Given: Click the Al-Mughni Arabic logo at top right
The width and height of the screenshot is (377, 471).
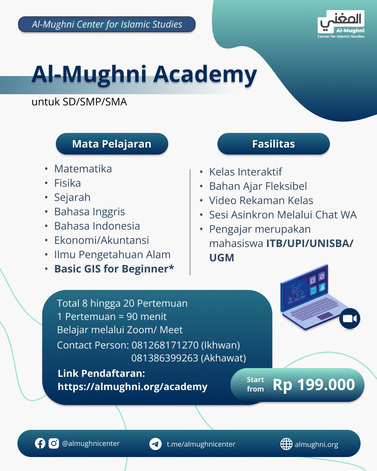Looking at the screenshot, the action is (341, 24).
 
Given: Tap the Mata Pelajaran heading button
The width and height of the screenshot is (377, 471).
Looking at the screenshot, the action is (112, 144).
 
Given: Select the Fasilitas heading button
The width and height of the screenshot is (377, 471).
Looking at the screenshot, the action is (273, 144).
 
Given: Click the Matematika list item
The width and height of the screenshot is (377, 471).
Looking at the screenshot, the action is (83, 169).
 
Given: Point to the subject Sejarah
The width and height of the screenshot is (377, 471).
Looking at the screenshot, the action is (72, 197).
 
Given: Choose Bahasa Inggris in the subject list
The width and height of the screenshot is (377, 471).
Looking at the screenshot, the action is (90, 212).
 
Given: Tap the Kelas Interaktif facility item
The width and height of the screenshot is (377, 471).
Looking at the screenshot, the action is (245, 172).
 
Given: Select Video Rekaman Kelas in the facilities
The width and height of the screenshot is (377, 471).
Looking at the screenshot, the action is (261, 201).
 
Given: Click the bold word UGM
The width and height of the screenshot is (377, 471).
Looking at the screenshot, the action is (222, 257).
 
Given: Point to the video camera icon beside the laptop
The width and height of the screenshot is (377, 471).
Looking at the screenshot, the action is (350, 319).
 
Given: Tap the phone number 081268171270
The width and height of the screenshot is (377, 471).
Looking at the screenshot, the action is (165, 345).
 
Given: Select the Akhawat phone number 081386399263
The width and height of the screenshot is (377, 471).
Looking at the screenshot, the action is (165, 358).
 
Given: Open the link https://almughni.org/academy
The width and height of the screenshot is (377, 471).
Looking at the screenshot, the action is (133, 387).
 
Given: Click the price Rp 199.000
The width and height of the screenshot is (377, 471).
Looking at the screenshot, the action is (314, 385).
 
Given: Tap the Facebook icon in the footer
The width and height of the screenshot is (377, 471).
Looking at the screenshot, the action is (40, 443).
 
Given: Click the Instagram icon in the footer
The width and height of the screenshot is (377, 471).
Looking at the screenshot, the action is (54, 443).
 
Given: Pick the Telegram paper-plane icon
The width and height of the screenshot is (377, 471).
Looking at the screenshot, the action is (156, 444).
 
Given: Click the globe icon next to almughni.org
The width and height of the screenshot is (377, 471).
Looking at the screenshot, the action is (286, 444).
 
